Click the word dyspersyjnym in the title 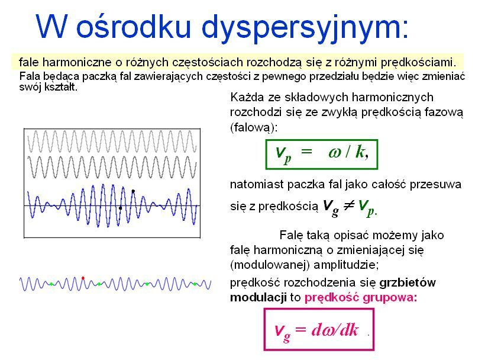click(305, 28)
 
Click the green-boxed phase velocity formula click(322, 155)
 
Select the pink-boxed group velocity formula click(319, 329)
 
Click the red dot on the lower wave click(83, 278)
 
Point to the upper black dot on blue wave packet click(133, 191)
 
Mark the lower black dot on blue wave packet click(121, 207)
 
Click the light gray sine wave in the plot click(112, 142)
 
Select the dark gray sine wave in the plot click(112, 167)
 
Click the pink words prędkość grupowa click(361, 298)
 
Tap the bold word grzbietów click(408, 282)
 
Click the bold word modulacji click(258, 297)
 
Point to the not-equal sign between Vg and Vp click(348, 205)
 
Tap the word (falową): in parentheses click(253, 127)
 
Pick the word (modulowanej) click(270, 265)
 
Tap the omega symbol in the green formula click(335, 153)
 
